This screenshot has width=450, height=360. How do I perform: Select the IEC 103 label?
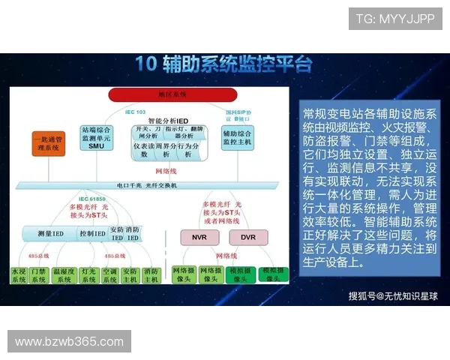click(x=136, y=112)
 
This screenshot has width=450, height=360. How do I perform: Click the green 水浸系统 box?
click(x=18, y=274)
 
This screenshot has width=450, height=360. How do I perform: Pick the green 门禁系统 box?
click(x=39, y=274)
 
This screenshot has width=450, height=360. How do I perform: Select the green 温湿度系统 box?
click(x=64, y=274)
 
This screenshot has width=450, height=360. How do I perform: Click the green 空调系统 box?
click(x=109, y=274)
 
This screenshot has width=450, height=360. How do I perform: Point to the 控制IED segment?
click(x=92, y=233)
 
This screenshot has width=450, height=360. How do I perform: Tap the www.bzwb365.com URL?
click(x=69, y=342)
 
